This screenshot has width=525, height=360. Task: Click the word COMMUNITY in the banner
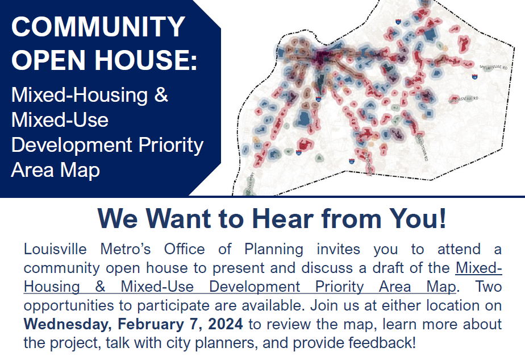point(98,27)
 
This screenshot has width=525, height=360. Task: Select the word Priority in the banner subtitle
point(172,144)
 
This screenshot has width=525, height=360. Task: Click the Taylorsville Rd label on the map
point(464,99)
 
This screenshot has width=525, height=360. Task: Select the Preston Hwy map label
point(368,163)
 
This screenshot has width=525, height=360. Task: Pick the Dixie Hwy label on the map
point(250,184)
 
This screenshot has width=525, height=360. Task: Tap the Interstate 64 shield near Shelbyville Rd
point(474,75)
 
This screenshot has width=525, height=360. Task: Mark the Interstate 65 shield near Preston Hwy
point(352,161)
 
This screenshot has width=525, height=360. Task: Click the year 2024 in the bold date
point(224,324)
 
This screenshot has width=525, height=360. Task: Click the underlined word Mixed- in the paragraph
point(479,268)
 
